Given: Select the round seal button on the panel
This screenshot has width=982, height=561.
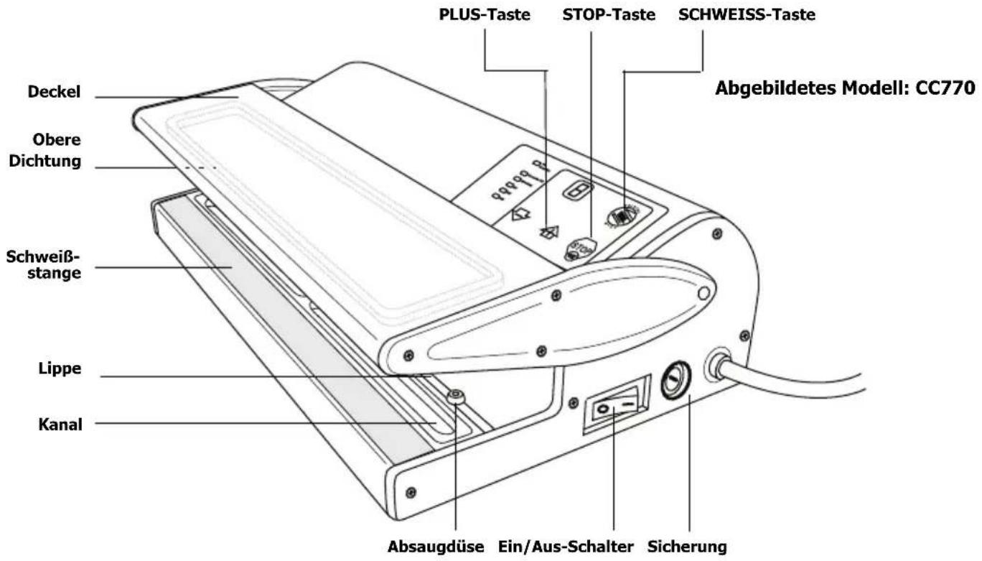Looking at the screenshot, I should (621, 215).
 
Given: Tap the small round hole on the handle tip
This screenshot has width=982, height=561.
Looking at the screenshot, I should (703, 292).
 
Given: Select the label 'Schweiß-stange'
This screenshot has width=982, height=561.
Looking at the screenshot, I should (44, 264).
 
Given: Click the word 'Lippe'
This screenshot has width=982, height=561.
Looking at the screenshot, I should (61, 368).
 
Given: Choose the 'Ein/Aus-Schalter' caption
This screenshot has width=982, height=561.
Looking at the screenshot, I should (566, 547).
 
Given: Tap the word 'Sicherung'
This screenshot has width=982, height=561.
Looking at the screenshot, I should (688, 547).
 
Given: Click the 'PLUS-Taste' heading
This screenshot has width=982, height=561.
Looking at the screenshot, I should (485, 14).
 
